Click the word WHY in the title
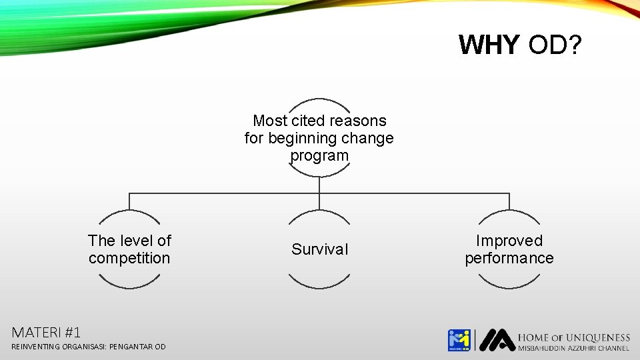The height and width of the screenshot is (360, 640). [489, 45]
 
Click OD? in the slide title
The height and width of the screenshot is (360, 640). [555, 45]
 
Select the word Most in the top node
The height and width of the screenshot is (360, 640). [270, 121]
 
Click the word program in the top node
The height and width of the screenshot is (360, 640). [319, 155]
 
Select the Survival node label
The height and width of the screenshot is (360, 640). [319, 249]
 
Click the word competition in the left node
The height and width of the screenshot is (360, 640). [129, 258]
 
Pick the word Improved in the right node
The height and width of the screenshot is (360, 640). [509, 241]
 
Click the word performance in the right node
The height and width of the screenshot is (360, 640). [509, 258]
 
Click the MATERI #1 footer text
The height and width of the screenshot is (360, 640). [46, 331]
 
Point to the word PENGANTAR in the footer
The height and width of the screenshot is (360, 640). [131, 347]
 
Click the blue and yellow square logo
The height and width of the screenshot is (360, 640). [459, 340]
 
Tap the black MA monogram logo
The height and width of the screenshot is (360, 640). [497, 340]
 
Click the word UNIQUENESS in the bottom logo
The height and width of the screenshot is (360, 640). [598, 337]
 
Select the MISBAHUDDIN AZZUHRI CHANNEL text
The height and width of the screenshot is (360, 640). [573, 348]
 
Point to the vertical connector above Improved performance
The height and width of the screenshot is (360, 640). [509, 201]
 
